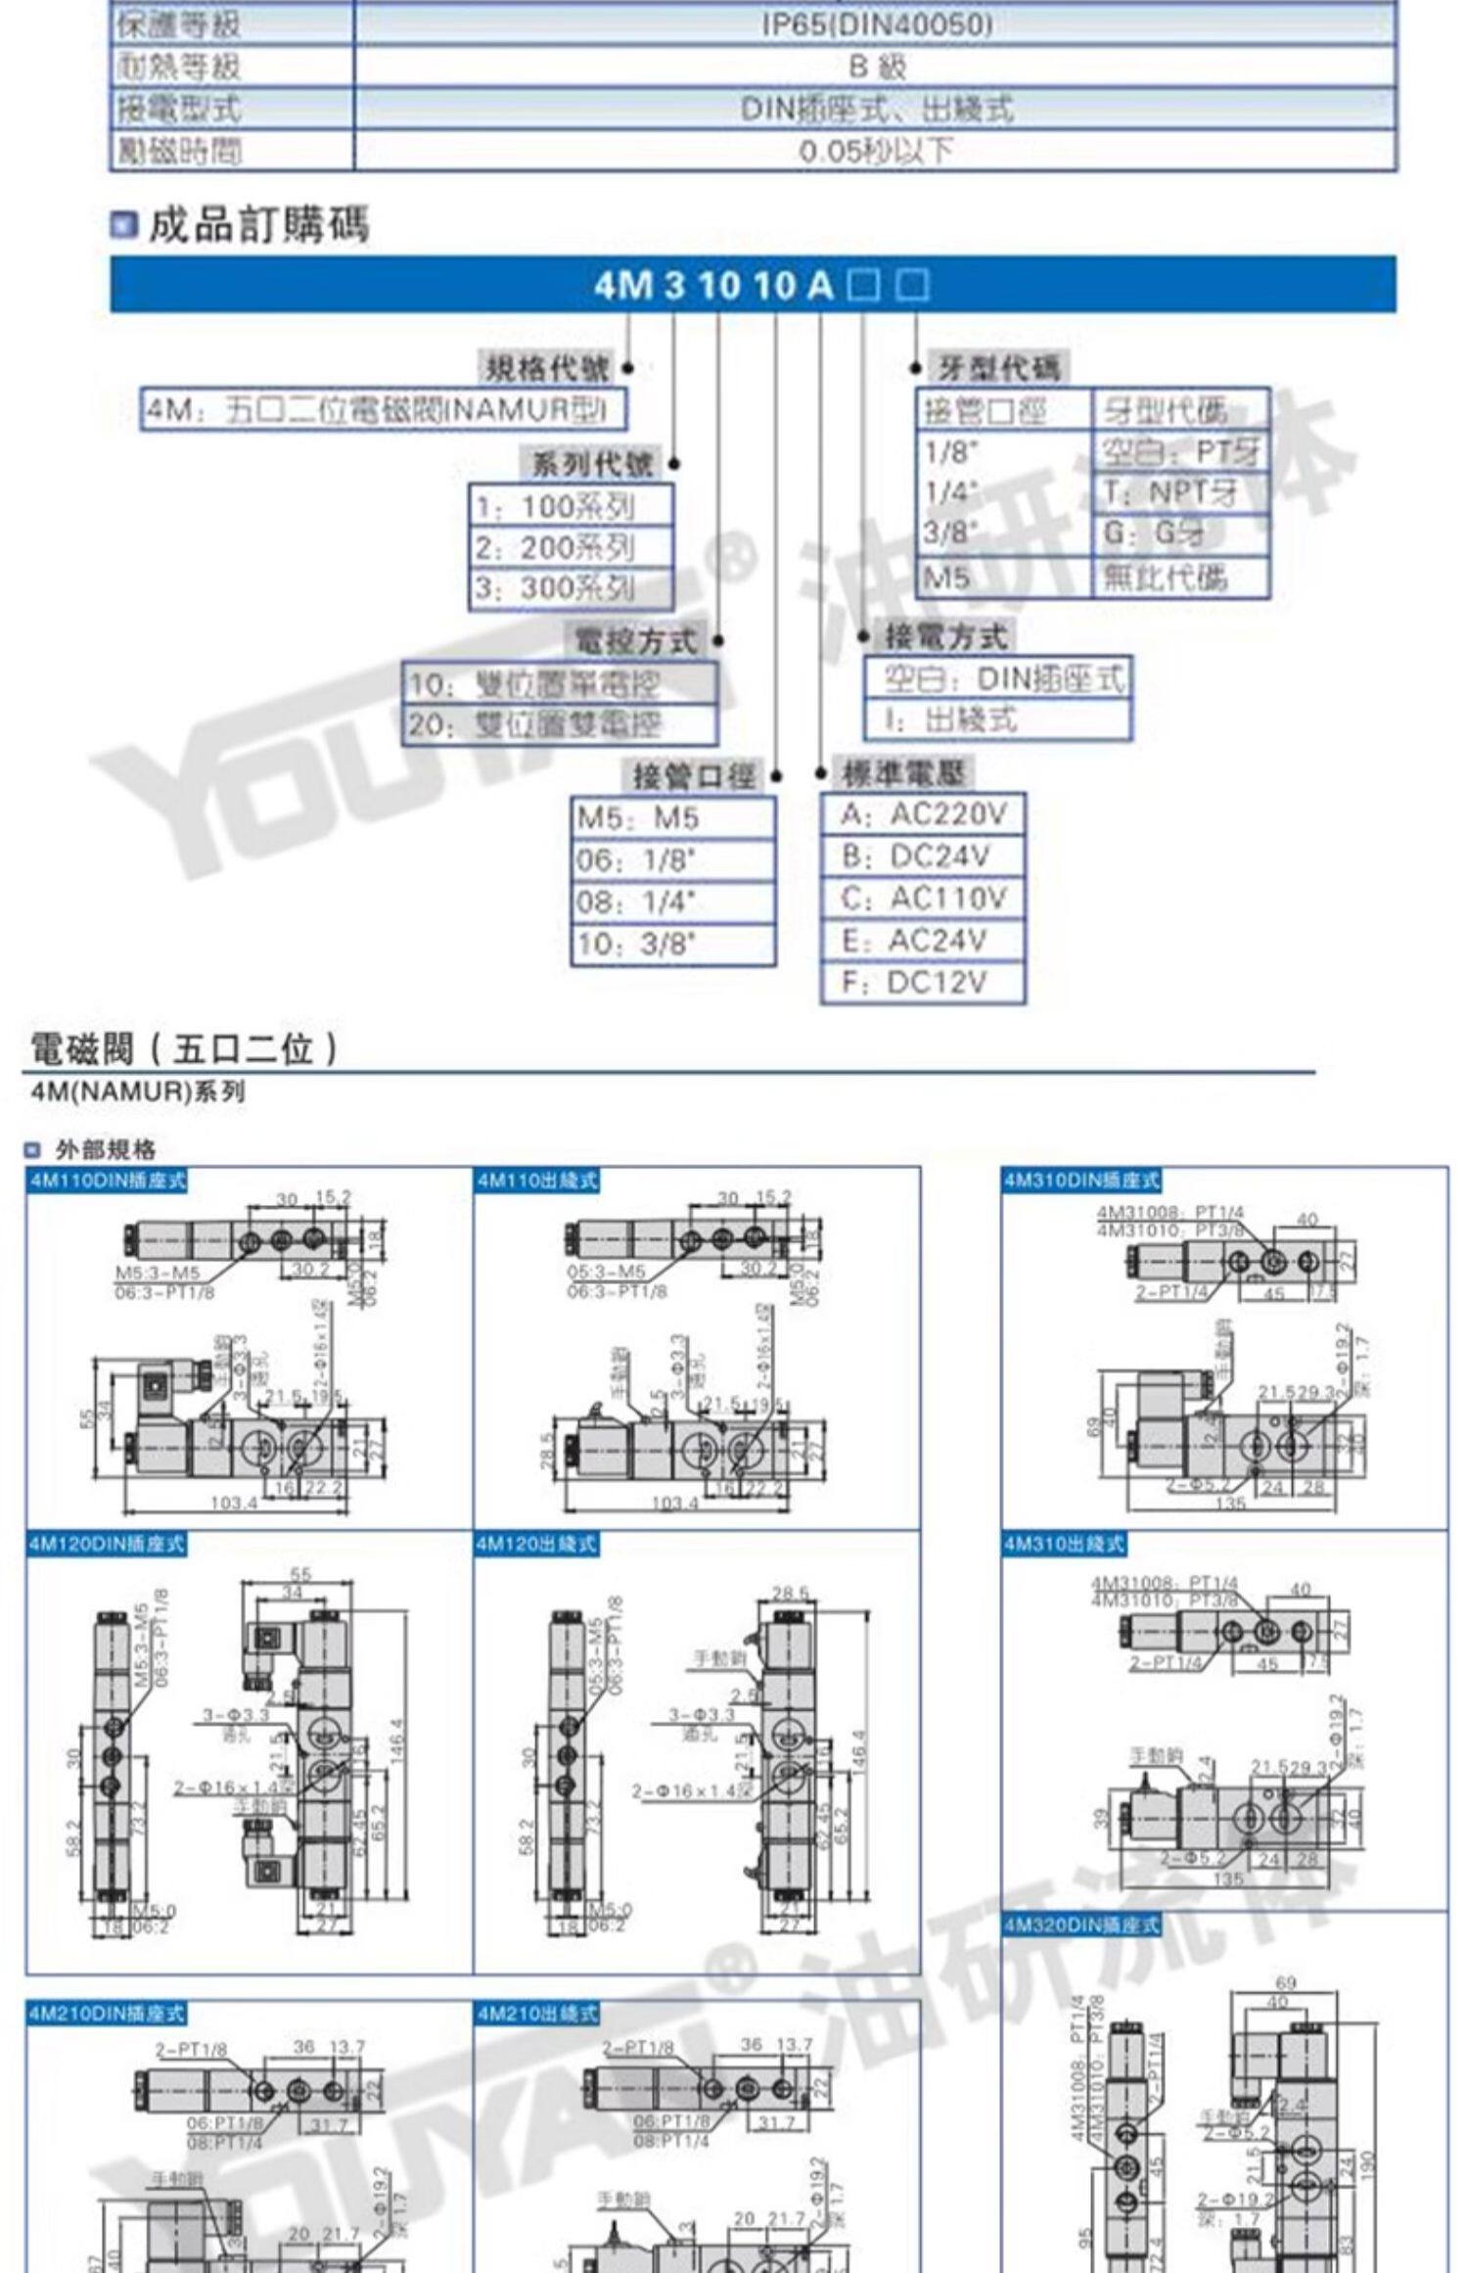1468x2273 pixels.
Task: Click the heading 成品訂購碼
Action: [x=258, y=226]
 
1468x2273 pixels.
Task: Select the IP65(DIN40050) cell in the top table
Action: [x=876, y=24]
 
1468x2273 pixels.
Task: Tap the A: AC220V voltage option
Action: [x=923, y=813]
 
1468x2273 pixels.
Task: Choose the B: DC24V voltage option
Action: [x=923, y=857]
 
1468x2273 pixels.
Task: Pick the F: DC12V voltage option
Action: [x=923, y=982]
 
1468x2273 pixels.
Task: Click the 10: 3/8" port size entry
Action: [x=673, y=945]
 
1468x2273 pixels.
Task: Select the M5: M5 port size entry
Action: [x=673, y=818]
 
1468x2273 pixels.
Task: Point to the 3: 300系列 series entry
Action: [x=571, y=588]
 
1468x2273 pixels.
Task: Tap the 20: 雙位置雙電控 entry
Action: [x=559, y=725]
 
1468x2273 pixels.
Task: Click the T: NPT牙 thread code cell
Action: [x=1179, y=492]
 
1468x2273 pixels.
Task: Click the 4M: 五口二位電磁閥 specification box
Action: [x=384, y=409]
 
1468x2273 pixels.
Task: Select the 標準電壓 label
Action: [x=904, y=773]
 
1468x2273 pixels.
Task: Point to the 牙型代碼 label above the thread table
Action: [x=997, y=368]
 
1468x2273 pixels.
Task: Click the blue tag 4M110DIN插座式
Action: [x=107, y=1181]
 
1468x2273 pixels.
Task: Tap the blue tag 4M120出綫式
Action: [x=536, y=1545]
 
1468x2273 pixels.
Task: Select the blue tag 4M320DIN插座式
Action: [x=1080, y=1925]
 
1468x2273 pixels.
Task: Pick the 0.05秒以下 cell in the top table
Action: [x=876, y=152]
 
